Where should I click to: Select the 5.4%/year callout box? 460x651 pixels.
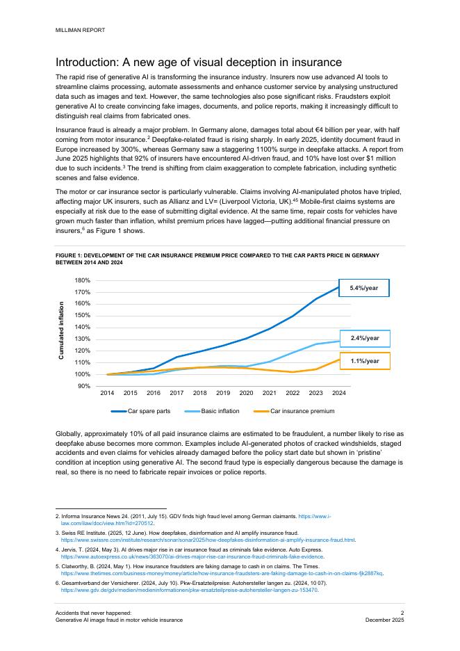(x=364, y=287)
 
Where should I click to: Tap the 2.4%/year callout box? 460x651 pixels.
(x=364, y=339)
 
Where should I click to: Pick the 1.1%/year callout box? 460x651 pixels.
(x=364, y=361)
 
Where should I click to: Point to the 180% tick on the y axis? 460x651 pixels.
(x=83, y=280)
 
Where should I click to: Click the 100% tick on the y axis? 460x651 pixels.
(x=83, y=374)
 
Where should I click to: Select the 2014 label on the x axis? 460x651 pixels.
(x=107, y=393)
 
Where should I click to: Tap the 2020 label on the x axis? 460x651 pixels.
(x=246, y=393)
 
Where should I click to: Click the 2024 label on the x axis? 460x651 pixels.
(x=339, y=393)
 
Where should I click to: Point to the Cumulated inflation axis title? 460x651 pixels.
(x=62, y=330)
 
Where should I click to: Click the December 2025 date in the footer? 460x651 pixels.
(x=385, y=619)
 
